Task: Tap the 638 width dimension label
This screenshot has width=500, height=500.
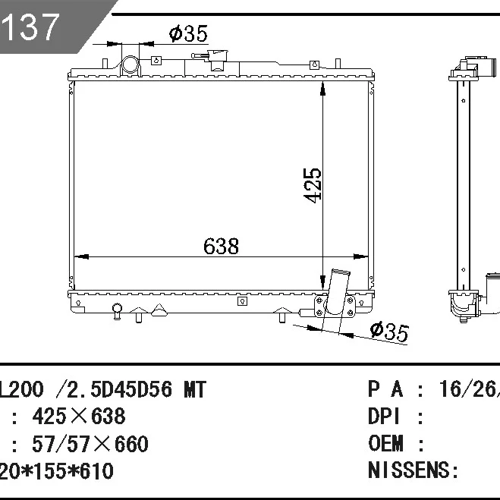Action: (x=221, y=246)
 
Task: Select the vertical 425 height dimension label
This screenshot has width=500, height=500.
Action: (x=312, y=185)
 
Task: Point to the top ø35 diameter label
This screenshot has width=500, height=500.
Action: (x=188, y=33)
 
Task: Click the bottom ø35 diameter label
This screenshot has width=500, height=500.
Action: (x=389, y=332)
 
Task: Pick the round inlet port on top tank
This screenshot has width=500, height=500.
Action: (x=130, y=64)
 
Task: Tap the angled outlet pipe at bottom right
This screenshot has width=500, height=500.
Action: (x=336, y=291)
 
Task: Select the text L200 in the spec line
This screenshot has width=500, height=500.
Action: (x=21, y=389)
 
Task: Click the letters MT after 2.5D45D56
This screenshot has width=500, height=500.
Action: (x=195, y=389)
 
